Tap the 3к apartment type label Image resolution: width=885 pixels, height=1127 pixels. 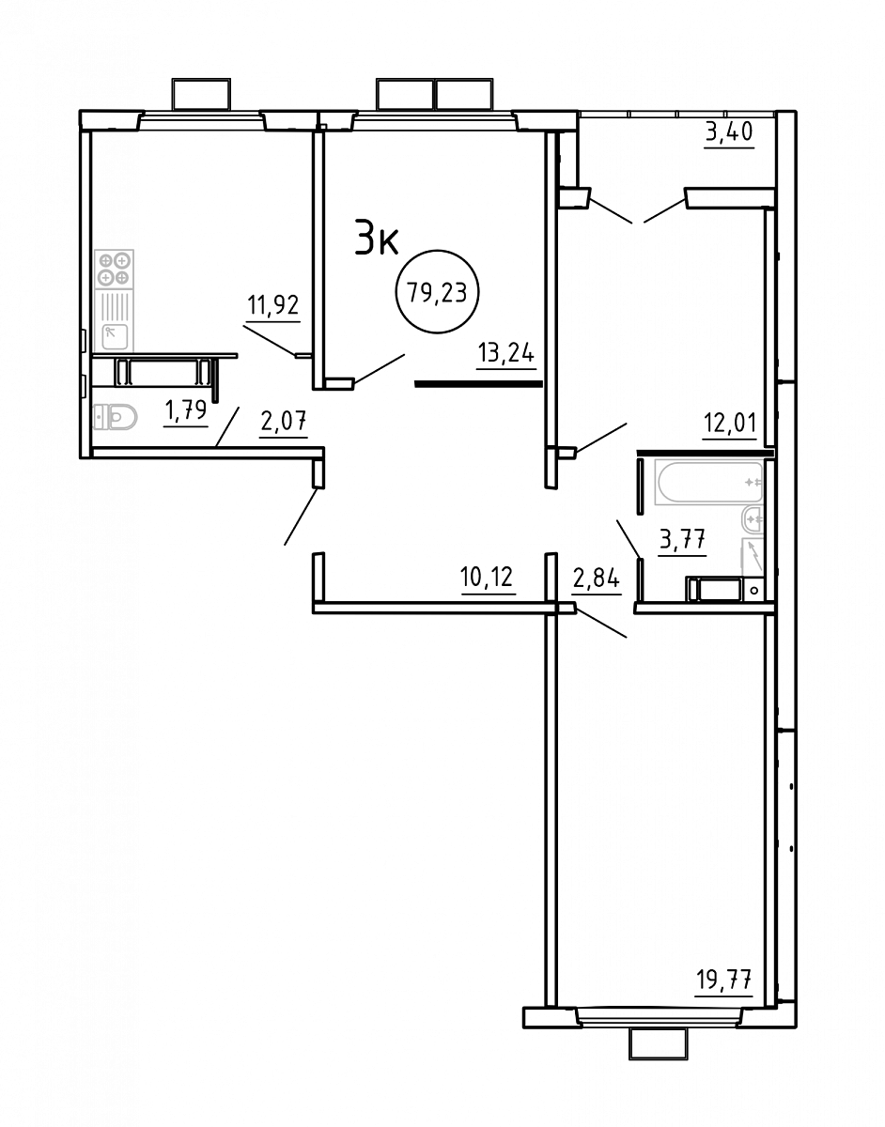[376, 237]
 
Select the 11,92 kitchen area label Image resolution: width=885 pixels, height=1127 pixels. [273, 305]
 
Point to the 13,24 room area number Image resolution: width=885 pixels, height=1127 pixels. [506, 354]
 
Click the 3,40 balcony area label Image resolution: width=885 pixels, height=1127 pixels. [729, 132]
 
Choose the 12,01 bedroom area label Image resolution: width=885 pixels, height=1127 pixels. [729, 424]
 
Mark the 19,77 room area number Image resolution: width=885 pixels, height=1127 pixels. [724, 980]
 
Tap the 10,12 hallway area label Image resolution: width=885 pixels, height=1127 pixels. [487, 578]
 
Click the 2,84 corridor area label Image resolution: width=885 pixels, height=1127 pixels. [597, 578]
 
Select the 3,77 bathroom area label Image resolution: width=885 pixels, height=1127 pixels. [682, 540]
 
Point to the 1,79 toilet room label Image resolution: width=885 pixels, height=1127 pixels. [186, 410]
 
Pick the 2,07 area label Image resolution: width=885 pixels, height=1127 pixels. [284, 421]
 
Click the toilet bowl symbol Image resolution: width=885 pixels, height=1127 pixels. [116, 416]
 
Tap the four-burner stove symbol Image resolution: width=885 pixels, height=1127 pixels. [114, 270]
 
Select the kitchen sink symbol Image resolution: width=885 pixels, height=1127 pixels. [114, 336]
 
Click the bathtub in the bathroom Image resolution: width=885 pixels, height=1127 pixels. [709, 482]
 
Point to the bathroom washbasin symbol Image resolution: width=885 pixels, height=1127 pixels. [753, 520]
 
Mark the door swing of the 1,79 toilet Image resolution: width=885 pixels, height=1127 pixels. [227, 426]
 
